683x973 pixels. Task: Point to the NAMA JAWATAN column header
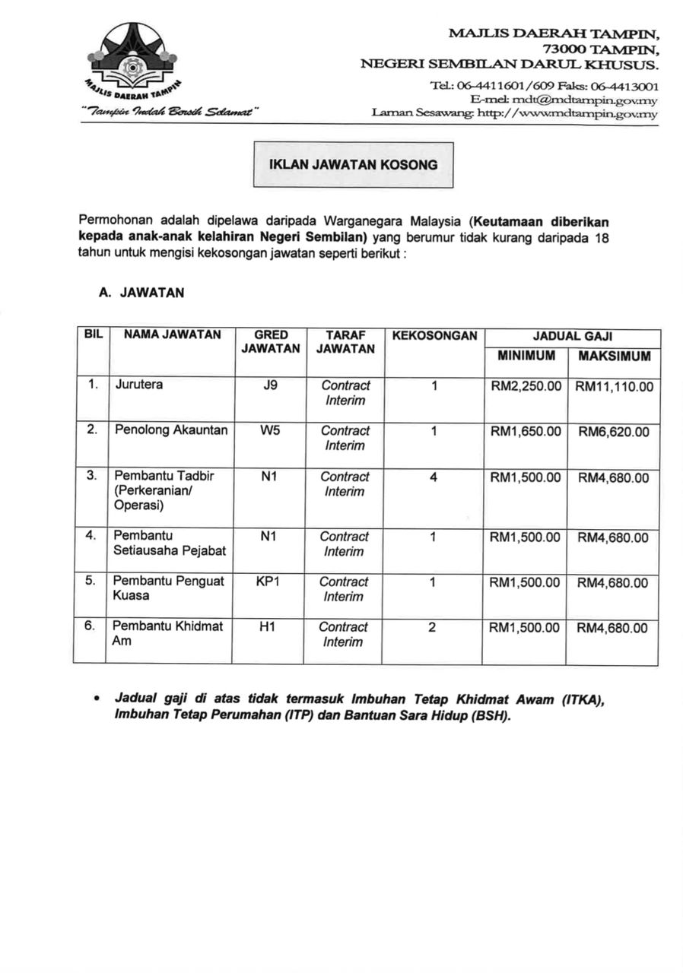[x=173, y=334]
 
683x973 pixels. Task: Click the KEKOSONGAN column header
[x=434, y=334]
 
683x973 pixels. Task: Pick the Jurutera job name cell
[x=138, y=385]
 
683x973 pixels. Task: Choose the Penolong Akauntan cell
[x=171, y=430]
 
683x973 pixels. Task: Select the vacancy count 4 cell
[x=433, y=477]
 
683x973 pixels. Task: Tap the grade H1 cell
[x=267, y=627]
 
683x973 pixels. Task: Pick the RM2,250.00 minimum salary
[x=526, y=386]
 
